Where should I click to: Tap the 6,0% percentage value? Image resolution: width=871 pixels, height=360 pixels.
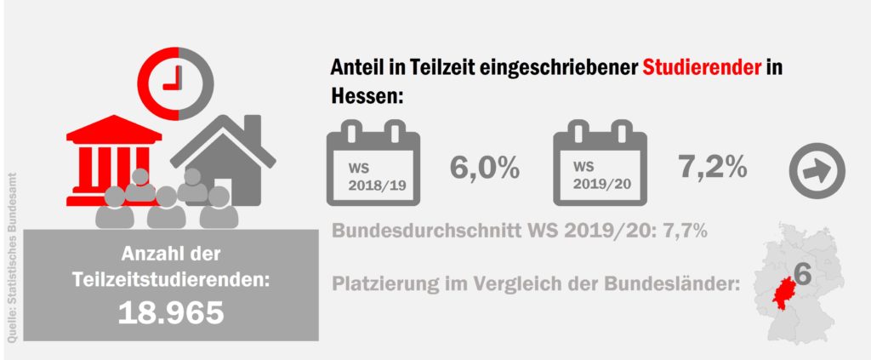point(484,168)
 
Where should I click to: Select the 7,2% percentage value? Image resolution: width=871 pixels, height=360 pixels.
point(713,167)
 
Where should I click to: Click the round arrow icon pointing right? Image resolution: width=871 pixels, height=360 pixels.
point(817,170)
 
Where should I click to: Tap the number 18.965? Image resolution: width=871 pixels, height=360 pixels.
point(171,312)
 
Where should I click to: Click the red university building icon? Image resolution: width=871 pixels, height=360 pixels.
point(113,153)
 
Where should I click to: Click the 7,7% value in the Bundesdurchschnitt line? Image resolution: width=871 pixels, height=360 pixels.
point(684,231)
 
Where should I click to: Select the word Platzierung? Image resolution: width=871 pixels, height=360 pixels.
point(381,283)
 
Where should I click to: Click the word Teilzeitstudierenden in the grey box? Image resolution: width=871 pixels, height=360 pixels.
point(171,277)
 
